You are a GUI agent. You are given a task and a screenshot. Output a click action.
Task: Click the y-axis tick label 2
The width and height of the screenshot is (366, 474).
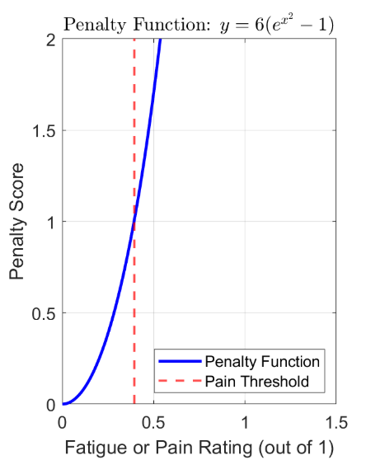50,40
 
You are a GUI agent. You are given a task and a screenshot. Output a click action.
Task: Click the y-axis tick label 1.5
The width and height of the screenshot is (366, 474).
44,131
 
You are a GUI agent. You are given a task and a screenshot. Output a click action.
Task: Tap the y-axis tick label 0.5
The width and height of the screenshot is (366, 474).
44,313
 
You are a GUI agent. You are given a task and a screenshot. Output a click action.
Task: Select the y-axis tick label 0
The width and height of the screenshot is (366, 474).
50,405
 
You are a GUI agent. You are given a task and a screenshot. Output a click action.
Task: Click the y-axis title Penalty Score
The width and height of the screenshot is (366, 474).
20,223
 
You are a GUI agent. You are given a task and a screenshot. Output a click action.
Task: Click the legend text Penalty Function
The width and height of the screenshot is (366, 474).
262,362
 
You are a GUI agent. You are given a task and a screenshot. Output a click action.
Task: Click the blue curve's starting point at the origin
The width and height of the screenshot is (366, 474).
63,405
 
